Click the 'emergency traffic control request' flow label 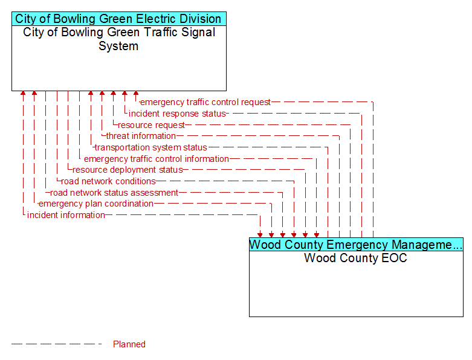tap(205, 102)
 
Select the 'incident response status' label tap(177, 114)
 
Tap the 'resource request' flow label tap(151, 125)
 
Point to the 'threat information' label tap(141, 136)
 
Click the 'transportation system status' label tap(151, 147)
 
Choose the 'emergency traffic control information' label tap(157, 159)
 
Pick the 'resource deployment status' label tap(128, 170)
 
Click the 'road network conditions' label tap(108, 181)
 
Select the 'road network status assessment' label tap(114, 193)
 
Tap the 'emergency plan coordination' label tap(96, 204)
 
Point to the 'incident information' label tap(66, 216)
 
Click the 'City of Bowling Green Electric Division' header tap(119, 19)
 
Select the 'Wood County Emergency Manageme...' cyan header tap(356, 245)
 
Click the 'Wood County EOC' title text tap(355, 258)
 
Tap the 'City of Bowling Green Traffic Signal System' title tap(119, 39)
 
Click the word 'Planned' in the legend tap(129, 344)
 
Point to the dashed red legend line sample tap(57, 344)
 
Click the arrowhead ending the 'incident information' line tap(260, 235)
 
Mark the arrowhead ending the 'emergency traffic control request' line tap(136, 94)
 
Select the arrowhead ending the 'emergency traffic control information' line tap(317, 235)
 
